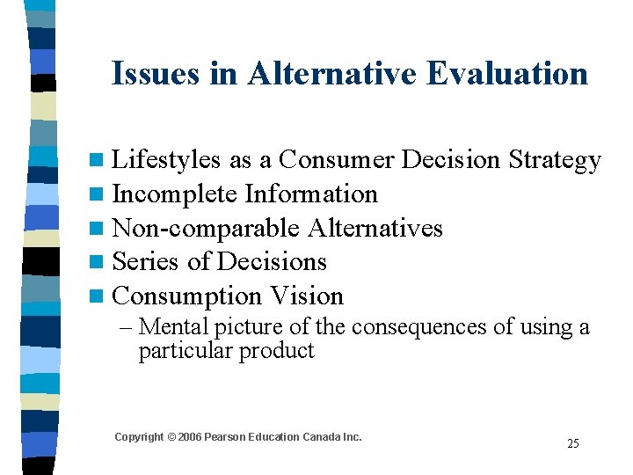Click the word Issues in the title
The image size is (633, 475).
pos(156,74)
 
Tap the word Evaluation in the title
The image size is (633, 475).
pos(507,74)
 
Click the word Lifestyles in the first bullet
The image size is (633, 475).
pos(167,160)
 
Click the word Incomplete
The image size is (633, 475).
pos(175,194)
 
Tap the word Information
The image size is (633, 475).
pos(311,194)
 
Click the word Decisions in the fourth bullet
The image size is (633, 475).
pos(272,262)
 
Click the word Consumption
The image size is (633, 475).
pos(188,296)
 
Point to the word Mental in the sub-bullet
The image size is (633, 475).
pos(173,327)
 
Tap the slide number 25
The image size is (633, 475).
pos(572,443)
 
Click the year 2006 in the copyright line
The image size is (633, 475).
pos(190,437)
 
